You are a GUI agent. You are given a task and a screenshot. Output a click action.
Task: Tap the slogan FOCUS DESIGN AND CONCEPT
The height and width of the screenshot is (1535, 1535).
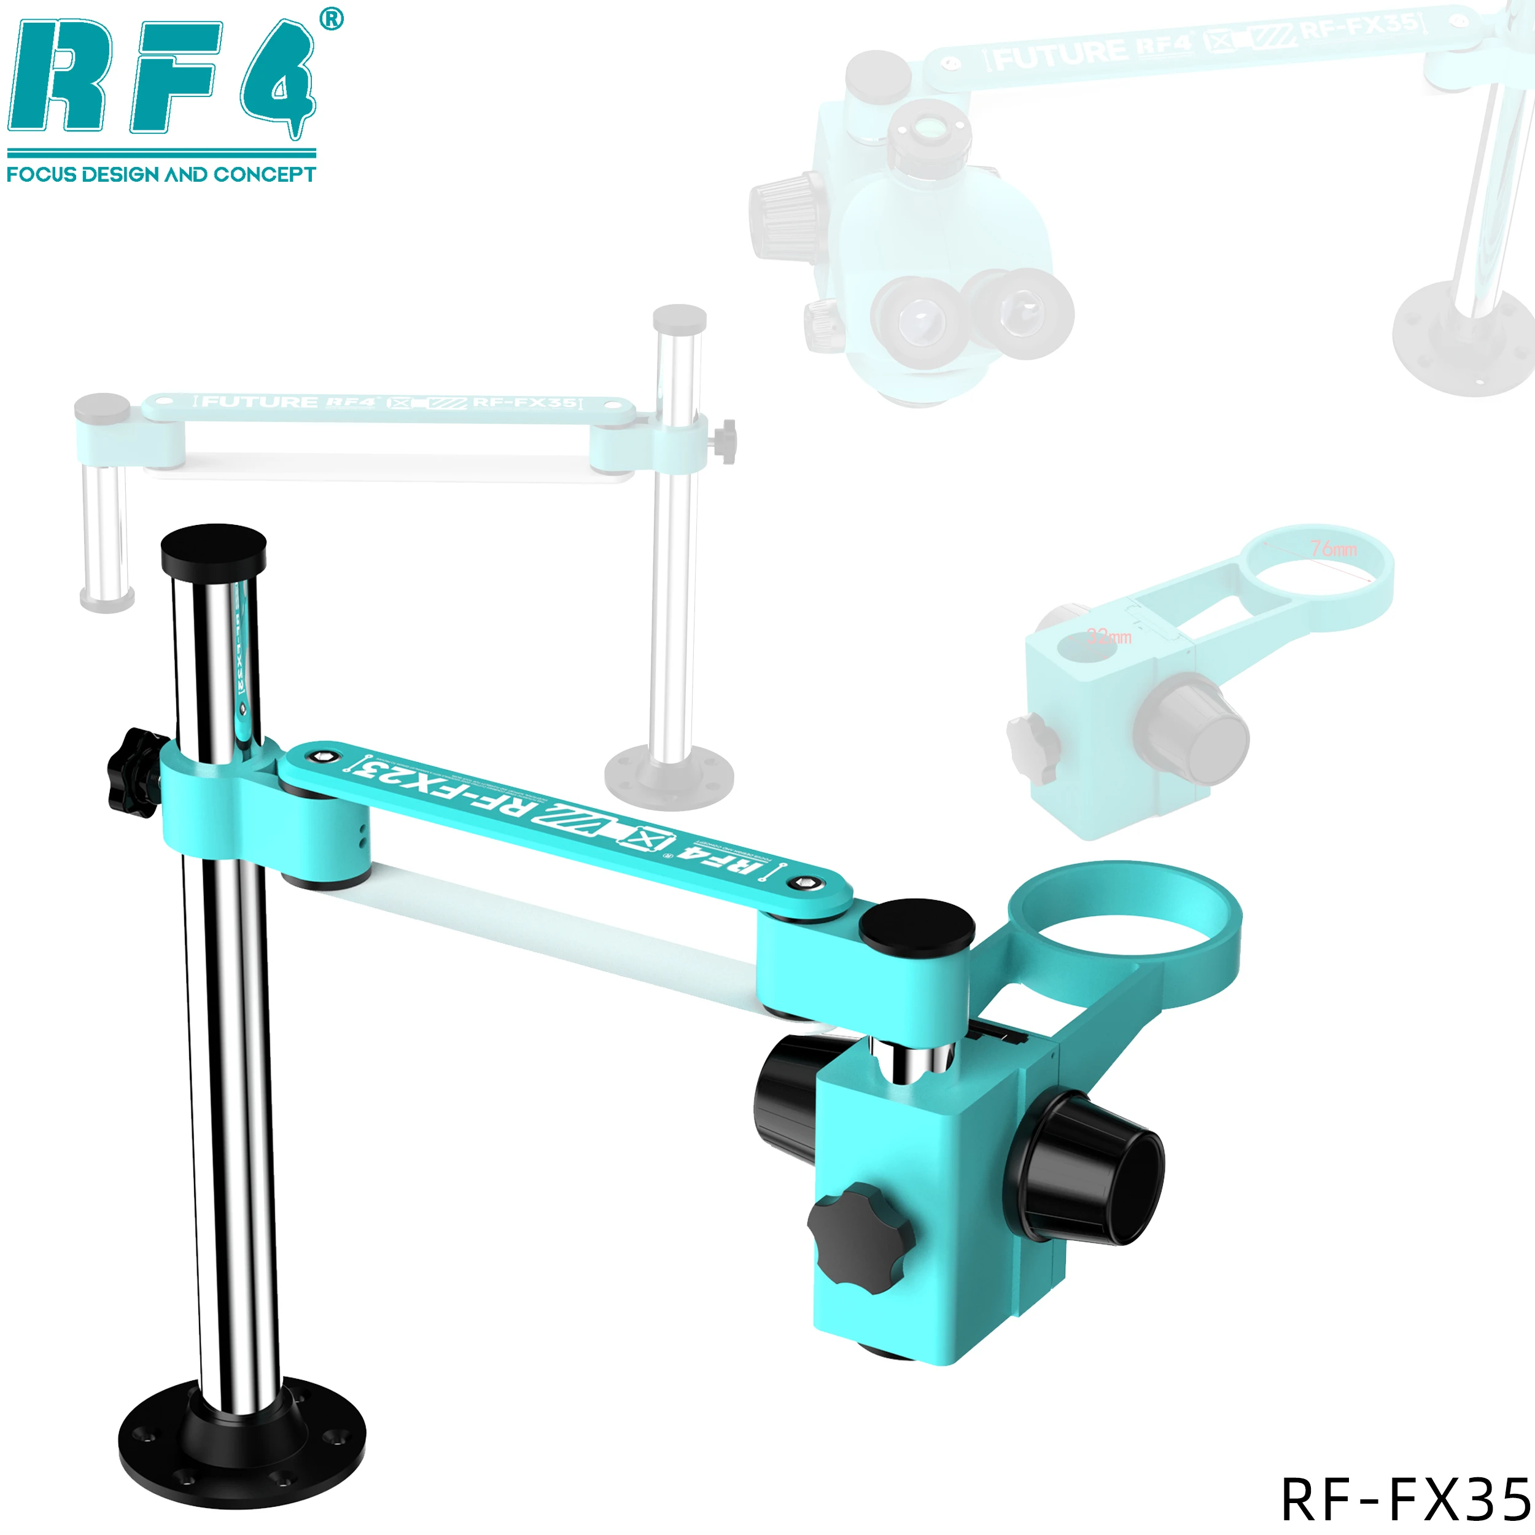pyautogui.click(x=161, y=174)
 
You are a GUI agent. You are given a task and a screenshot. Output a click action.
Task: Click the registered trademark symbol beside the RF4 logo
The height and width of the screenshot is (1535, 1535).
pyautogui.click(x=332, y=19)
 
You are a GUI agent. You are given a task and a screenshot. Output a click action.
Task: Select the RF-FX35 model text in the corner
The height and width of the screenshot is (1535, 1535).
pyautogui.click(x=1405, y=1499)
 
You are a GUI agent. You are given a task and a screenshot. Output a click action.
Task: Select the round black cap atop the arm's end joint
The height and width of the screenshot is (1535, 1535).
pyautogui.click(x=918, y=926)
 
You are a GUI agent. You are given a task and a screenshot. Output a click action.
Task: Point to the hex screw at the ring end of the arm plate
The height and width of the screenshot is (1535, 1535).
pyautogui.click(x=807, y=882)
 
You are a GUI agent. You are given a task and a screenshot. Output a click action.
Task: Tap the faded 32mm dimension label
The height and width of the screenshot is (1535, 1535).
pyautogui.click(x=1109, y=636)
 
